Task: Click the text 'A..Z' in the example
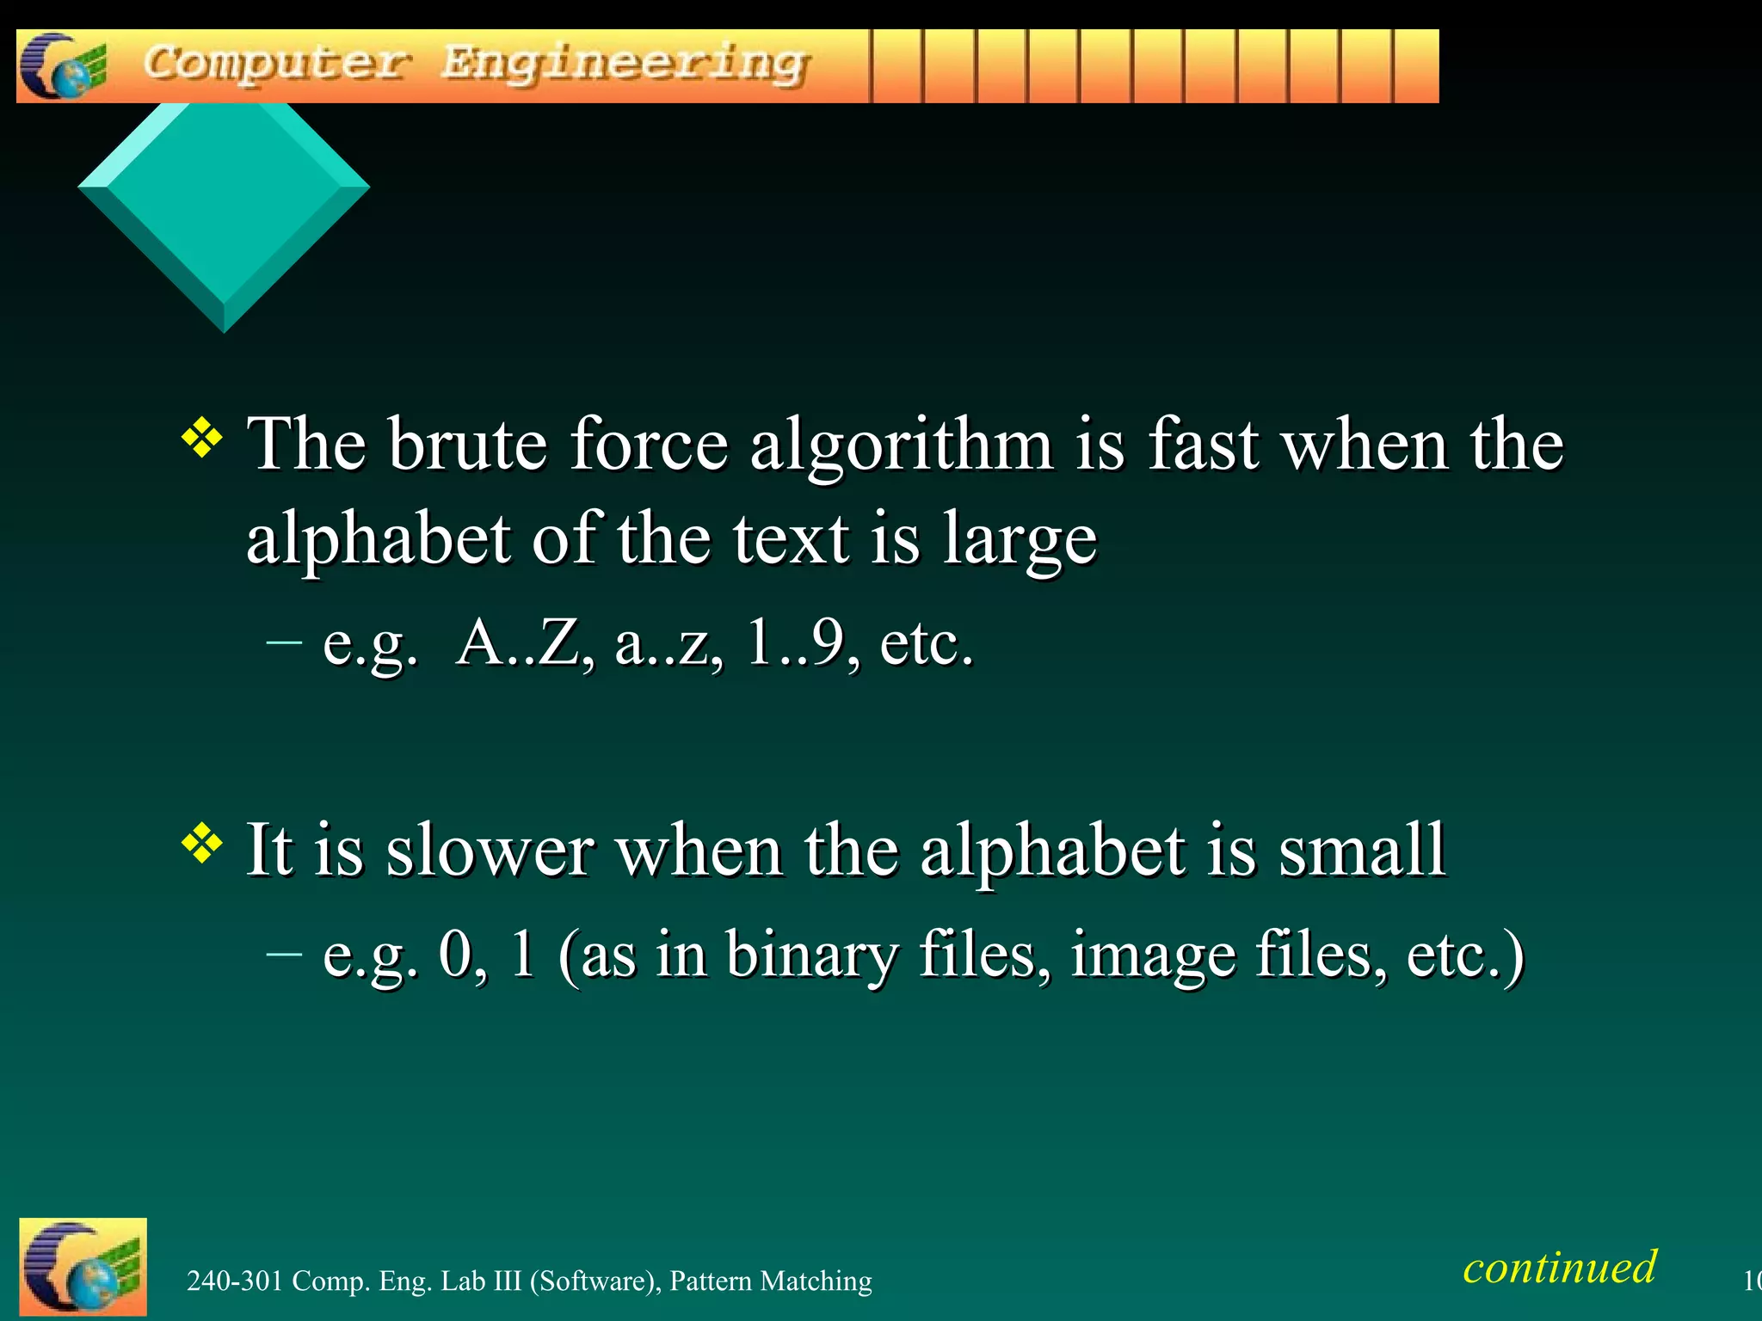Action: [x=524, y=642]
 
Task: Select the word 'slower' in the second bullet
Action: [x=490, y=851]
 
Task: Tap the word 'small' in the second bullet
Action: [x=1361, y=851]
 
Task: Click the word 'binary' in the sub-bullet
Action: [x=811, y=955]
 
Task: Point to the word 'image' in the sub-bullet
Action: [x=1153, y=955]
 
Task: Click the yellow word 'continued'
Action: [x=1559, y=1267]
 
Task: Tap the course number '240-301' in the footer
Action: [x=235, y=1281]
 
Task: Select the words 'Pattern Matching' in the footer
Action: [x=770, y=1281]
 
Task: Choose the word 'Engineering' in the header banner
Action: [x=625, y=65]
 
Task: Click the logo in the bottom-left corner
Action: [x=83, y=1267]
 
